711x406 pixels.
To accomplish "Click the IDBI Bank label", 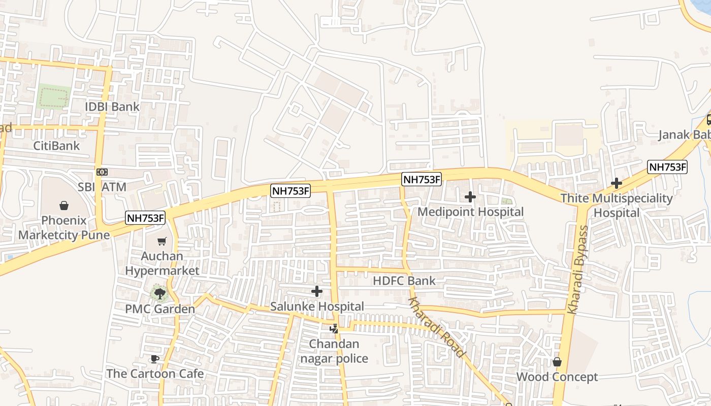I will [x=112, y=107].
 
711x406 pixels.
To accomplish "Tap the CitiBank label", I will [x=56, y=146].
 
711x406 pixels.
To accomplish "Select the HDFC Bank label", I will [x=404, y=281].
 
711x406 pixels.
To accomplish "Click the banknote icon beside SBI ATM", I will [x=102, y=172].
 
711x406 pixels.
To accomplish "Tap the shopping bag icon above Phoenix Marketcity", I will [x=64, y=206].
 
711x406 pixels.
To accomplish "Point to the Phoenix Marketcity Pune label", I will [x=64, y=228].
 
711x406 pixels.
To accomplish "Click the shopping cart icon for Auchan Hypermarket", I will [x=162, y=242].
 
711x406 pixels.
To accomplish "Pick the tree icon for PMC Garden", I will [x=160, y=293].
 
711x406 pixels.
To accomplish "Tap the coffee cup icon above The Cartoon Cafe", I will [x=155, y=359].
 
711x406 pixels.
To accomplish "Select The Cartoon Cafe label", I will [x=155, y=374].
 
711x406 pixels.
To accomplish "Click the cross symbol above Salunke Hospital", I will [x=317, y=291].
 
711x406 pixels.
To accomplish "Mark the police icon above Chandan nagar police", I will [x=334, y=329].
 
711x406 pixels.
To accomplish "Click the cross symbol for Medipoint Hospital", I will [x=470, y=196].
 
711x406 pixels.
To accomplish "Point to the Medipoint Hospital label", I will [x=470, y=212].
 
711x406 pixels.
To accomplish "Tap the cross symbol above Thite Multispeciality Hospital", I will [x=617, y=183].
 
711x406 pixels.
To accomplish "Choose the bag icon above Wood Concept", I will [x=557, y=362].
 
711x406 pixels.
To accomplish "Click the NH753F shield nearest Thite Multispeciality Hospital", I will [x=667, y=167].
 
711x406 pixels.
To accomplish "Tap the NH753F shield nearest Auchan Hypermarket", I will [x=146, y=218].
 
